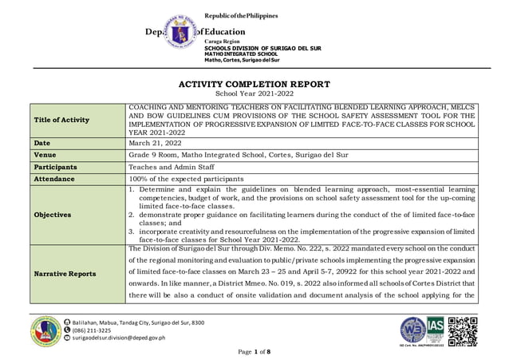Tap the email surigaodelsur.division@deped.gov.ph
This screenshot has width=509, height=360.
coord(120,338)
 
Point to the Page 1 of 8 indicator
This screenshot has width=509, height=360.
coord(255,352)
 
